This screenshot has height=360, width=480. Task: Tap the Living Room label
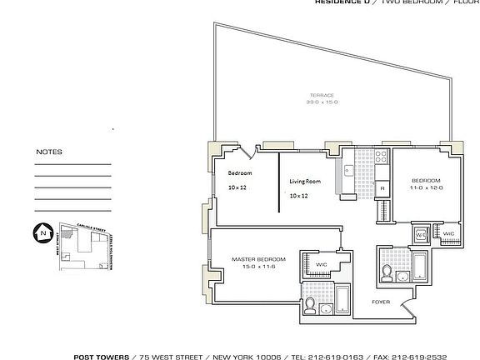(x=305, y=181)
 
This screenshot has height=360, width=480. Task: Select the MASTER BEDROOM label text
(x=258, y=259)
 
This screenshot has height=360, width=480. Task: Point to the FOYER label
(x=381, y=302)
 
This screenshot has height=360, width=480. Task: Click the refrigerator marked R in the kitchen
(x=382, y=188)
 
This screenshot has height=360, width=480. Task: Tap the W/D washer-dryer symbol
(x=421, y=235)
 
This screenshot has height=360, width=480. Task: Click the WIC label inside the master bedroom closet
(x=320, y=265)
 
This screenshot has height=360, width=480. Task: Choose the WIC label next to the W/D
(x=447, y=234)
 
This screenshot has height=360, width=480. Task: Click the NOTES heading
(x=49, y=152)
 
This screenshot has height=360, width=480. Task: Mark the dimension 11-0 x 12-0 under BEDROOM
(x=425, y=187)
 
